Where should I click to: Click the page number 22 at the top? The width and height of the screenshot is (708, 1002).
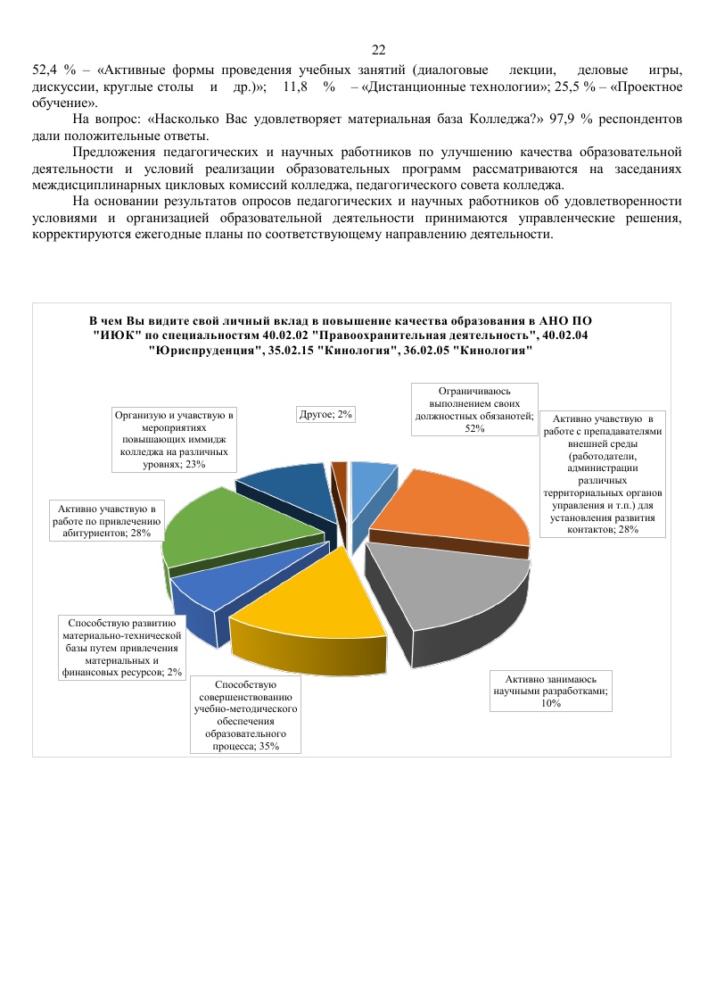[x=378, y=49]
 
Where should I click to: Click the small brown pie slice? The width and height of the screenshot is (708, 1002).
[x=339, y=473]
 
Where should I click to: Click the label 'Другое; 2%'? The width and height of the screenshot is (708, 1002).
[x=325, y=414]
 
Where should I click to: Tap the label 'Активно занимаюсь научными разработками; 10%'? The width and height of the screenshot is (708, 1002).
[x=551, y=691]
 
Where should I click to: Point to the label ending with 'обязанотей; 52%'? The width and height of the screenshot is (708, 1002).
[x=474, y=410]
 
